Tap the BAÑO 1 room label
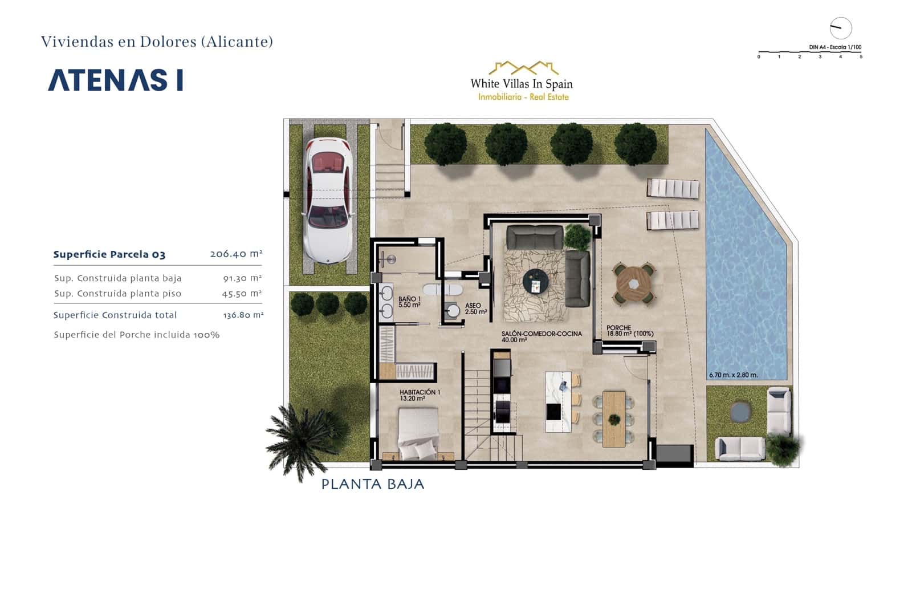click(x=409, y=302)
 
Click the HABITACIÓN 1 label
click(x=420, y=395)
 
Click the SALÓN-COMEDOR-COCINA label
click(x=541, y=336)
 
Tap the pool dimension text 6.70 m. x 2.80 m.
click(x=733, y=375)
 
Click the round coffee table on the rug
click(x=536, y=281)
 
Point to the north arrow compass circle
click(x=840, y=28)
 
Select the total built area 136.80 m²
click(x=243, y=315)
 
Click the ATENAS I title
click(x=115, y=80)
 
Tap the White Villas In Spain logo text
click(x=521, y=84)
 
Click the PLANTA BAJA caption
click(x=373, y=484)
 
